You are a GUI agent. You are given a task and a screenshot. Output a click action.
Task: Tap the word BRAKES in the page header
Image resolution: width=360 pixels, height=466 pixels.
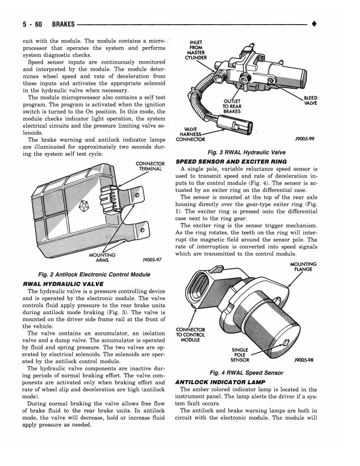[x=64, y=25]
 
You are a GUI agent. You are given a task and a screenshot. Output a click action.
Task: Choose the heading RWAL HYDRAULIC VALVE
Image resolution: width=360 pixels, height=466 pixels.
[x=58, y=283]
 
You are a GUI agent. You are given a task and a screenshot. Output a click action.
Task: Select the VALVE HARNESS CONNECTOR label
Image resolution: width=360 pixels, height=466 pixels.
[x=194, y=135]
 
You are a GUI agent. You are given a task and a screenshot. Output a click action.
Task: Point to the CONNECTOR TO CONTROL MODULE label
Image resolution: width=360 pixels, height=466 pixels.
[x=190, y=334]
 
